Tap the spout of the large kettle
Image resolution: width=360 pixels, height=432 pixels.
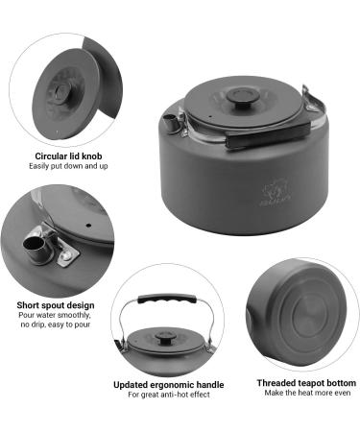(x=170, y=122)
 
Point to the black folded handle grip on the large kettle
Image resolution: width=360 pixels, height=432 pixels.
(x=268, y=134)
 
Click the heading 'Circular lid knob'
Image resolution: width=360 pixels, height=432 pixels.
(x=68, y=156)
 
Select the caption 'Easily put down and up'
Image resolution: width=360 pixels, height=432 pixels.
(x=68, y=166)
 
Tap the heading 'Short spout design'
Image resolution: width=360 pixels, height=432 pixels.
(x=56, y=305)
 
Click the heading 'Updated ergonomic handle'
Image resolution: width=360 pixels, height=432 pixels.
(x=169, y=385)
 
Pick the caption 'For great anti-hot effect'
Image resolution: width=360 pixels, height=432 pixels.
(x=169, y=395)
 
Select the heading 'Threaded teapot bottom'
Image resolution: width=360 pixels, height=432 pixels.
(x=306, y=383)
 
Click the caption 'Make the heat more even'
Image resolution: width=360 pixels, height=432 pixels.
(x=307, y=393)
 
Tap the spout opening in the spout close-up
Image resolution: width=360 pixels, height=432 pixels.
(x=34, y=244)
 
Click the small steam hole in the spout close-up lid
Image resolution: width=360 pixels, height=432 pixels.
(x=89, y=226)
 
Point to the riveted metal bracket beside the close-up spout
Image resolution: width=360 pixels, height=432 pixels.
(x=64, y=252)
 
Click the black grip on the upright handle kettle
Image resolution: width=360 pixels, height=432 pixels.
(x=166, y=300)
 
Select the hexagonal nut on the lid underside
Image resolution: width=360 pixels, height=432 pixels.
(x=60, y=91)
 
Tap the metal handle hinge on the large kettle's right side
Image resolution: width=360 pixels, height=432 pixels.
(x=311, y=100)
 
